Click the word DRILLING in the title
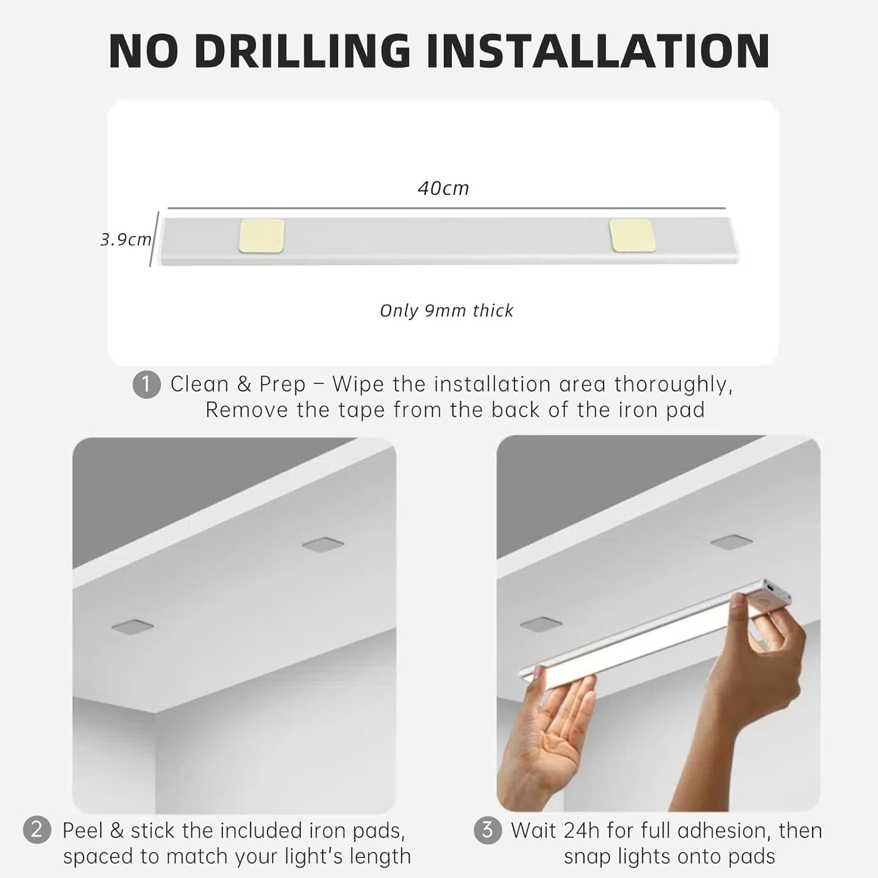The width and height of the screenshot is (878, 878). [302, 52]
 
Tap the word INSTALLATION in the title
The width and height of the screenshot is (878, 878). [598, 52]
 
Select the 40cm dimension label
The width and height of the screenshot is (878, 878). [443, 188]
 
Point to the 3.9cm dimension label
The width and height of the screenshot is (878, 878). [125, 239]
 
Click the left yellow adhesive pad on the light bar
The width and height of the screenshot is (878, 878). [261, 236]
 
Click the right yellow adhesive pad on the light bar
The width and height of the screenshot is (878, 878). [631, 236]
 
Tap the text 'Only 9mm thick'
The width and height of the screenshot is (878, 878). [446, 310]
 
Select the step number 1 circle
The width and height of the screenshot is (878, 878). [146, 385]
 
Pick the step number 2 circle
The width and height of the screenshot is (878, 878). [37, 830]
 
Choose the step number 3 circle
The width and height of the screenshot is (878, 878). [487, 830]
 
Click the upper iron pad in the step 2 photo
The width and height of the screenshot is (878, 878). [323, 545]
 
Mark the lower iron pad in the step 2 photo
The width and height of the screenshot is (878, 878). [133, 626]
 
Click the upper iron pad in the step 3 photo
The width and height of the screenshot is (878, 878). [731, 541]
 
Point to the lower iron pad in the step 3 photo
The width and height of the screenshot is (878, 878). [541, 624]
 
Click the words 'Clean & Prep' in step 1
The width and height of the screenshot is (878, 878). [238, 385]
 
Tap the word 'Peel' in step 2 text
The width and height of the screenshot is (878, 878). [83, 830]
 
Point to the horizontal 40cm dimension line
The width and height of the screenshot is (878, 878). [446, 208]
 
